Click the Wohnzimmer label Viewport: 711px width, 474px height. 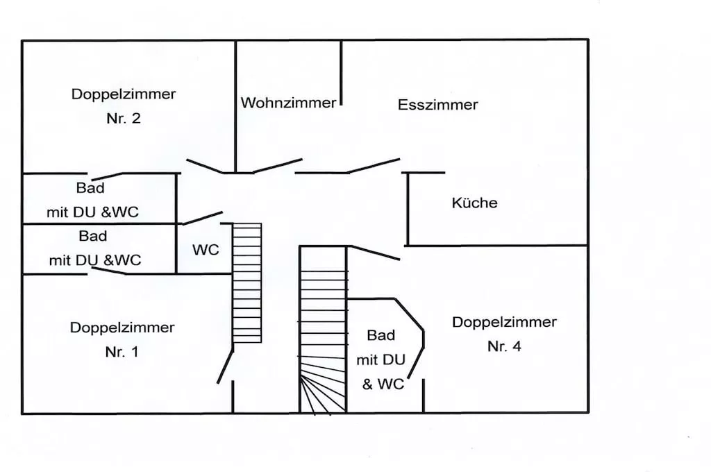[288, 103]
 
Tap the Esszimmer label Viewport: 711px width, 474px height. [437, 105]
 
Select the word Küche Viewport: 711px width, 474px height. [474, 203]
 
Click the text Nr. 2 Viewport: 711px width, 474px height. [124, 118]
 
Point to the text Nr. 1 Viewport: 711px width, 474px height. [122, 352]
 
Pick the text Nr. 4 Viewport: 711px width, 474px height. [504, 347]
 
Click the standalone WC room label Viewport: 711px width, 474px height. [206, 250]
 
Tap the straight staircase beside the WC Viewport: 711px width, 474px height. [246, 282]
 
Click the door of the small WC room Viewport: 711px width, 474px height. [202, 217]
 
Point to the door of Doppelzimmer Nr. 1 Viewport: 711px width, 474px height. [225, 366]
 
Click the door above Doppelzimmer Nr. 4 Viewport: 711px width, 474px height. [374, 253]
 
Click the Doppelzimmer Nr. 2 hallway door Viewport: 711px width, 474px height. [206, 166]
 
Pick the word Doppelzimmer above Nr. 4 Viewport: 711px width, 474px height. [504, 323]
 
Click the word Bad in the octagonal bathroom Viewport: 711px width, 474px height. [380, 336]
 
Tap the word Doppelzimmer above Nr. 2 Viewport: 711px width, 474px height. [124, 94]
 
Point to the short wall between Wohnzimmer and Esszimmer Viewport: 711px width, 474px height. [341, 73]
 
